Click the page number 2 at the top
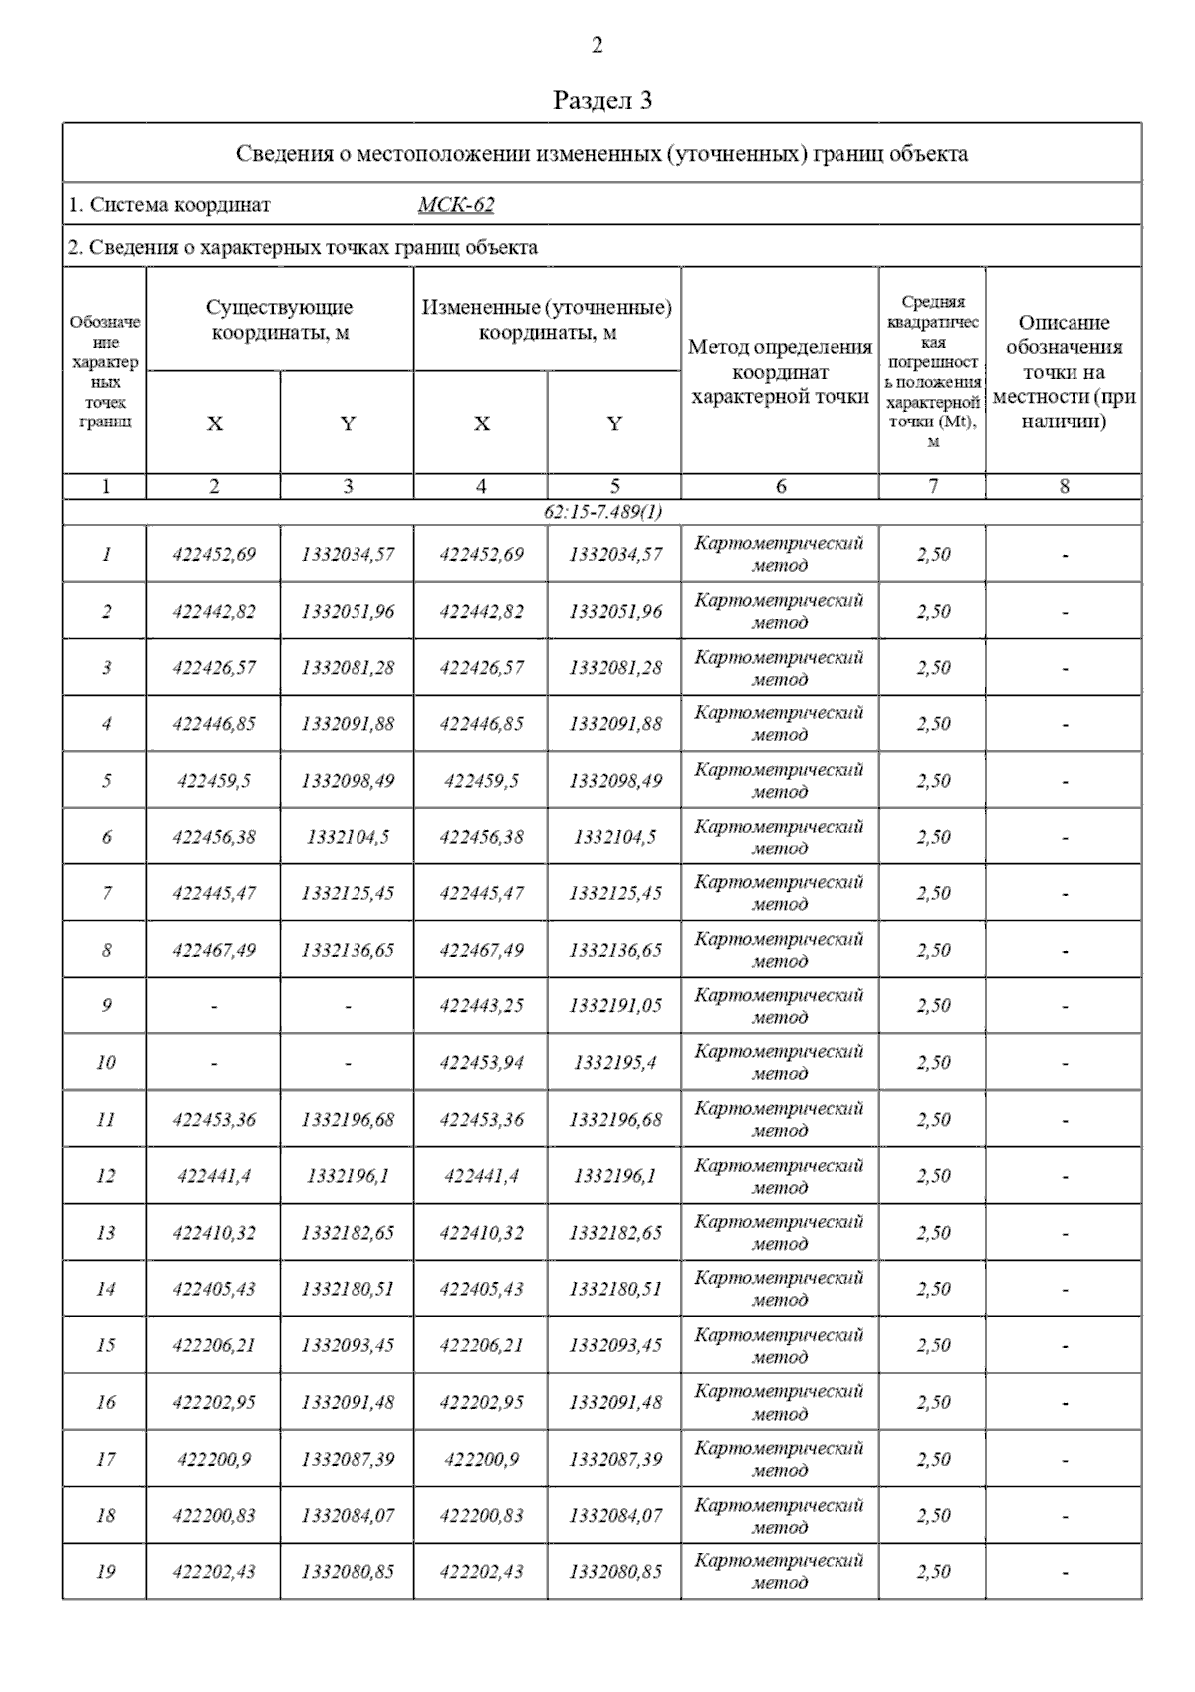[597, 45]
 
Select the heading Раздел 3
[602, 100]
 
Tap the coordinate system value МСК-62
[456, 205]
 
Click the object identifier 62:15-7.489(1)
[602, 512]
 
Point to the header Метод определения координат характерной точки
[780, 372]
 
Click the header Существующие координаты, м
[280, 320]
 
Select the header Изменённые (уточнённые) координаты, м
[547, 320]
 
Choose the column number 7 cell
[932, 487]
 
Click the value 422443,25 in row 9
[481, 1006]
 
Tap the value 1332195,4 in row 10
[614, 1063]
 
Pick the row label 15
[105, 1346]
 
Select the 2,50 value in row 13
[933, 1233]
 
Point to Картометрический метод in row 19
[780, 1571]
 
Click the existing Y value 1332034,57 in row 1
[348, 555]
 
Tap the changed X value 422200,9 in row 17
[481, 1460]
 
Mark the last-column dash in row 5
[1064, 782]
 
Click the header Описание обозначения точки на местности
[1064, 372]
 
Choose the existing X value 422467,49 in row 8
[214, 951]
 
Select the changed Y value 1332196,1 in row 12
[614, 1177]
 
